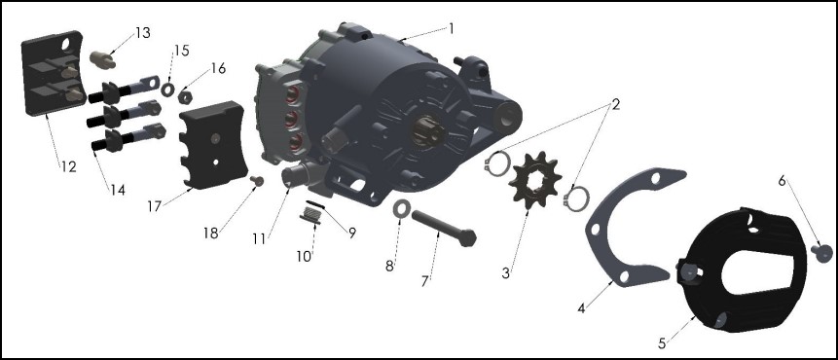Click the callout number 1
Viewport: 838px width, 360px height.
tap(451, 28)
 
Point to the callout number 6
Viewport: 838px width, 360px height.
tap(782, 181)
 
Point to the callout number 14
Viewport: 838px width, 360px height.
tap(117, 190)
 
